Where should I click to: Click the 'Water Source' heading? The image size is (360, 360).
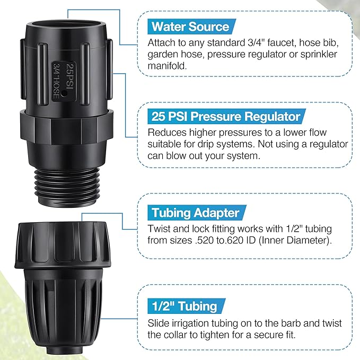pyautogui.click(x=190, y=27)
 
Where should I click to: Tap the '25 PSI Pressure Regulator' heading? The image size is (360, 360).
pyautogui.click(x=225, y=116)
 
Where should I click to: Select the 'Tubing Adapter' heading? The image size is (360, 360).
pyautogui.click(x=196, y=213)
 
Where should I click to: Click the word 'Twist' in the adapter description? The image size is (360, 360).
pyautogui.click(x=160, y=229)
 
